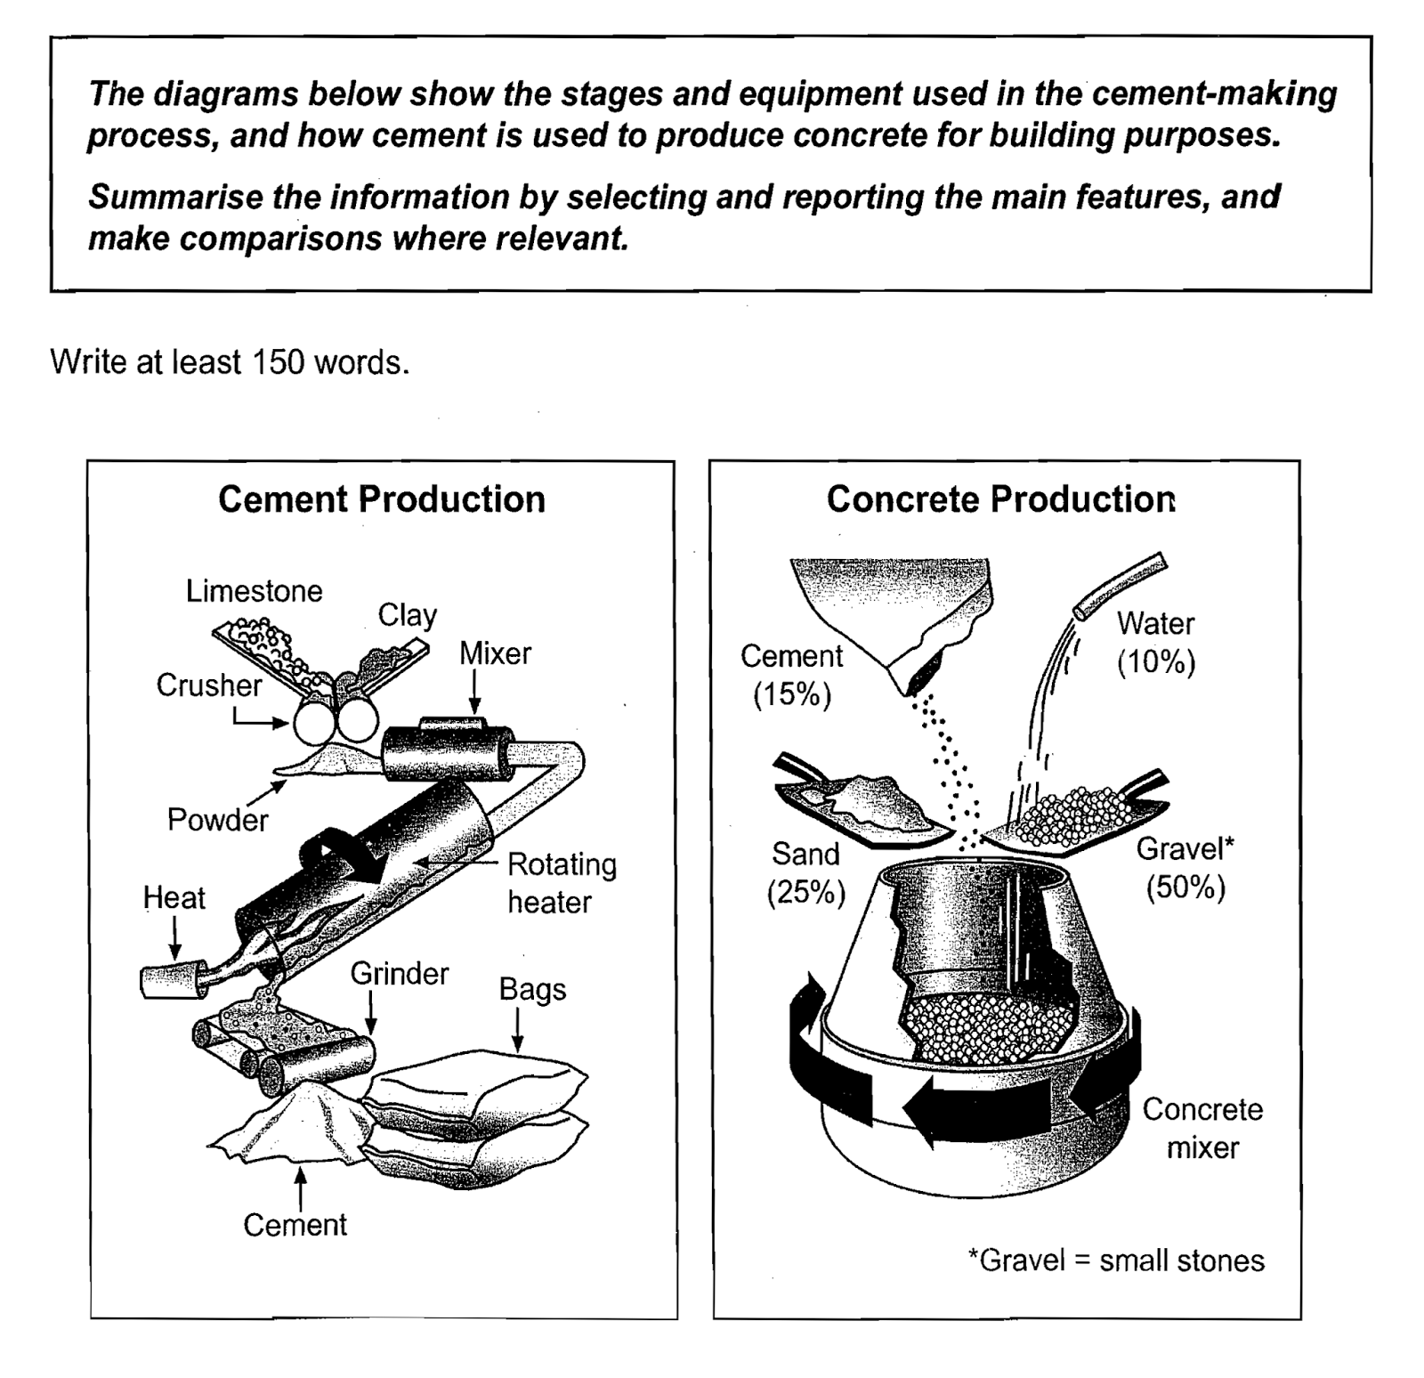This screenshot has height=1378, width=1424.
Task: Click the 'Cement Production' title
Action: click(x=381, y=499)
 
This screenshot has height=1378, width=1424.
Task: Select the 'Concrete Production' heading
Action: click(x=1000, y=499)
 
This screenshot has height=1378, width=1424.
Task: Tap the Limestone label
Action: click(x=254, y=591)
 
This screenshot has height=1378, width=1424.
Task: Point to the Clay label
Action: click(x=407, y=615)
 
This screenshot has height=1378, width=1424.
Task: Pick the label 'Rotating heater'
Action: click(x=561, y=882)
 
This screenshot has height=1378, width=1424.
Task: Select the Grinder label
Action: click(x=399, y=974)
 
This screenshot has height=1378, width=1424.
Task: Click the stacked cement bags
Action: click(x=476, y=1117)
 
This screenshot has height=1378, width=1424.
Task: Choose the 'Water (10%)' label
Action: click(x=1155, y=642)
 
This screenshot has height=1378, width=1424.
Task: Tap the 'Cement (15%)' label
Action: click(x=791, y=675)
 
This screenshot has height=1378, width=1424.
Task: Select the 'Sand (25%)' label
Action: click(x=805, y=872)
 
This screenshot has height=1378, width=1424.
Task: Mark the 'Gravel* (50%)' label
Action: click(x=1185, y=868)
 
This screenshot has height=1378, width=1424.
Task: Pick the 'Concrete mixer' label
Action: click(x=1202, y=1128)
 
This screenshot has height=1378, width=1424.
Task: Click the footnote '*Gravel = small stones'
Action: click(x=1115, y=1260)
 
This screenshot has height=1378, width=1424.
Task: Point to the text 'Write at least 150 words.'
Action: click(x=230, y=362)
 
